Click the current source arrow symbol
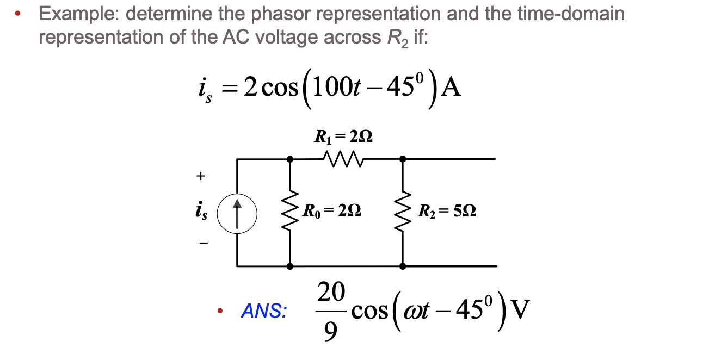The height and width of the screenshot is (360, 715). point(237,210)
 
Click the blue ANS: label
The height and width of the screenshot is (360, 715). point(264,312)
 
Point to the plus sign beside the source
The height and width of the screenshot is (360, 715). point(201,176)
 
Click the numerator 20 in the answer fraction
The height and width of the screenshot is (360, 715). point(330,293)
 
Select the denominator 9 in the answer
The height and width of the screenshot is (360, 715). point(330,330)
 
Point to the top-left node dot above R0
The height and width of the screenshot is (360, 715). point(290,159)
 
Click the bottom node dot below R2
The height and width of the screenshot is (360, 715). point(403,266)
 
